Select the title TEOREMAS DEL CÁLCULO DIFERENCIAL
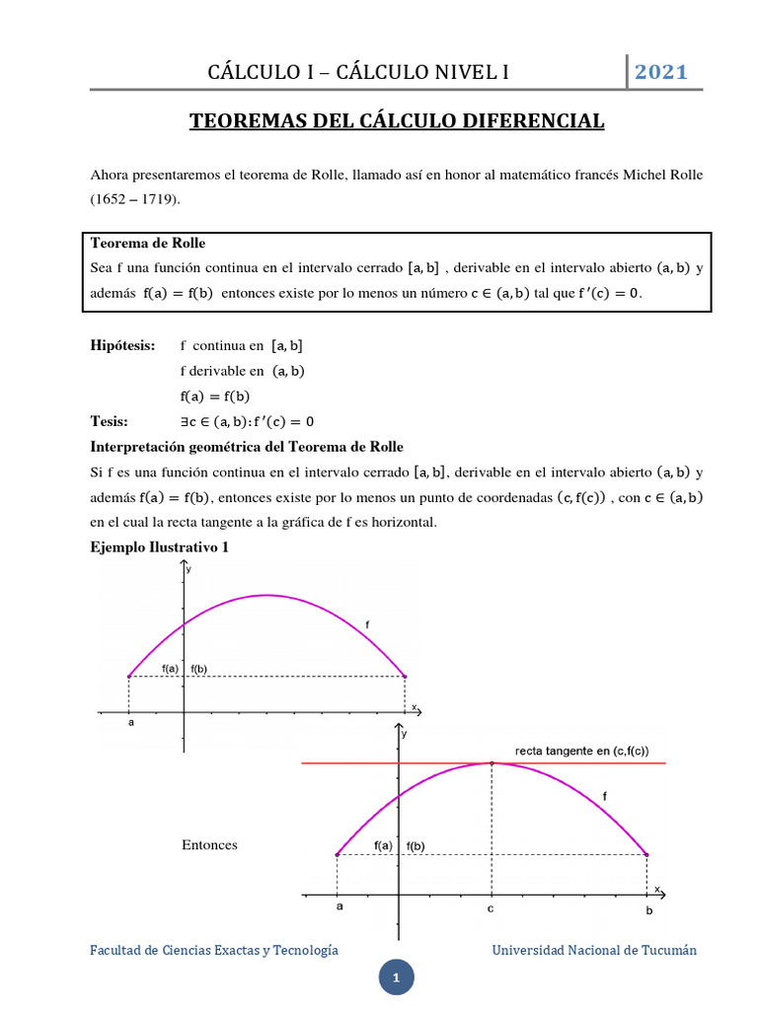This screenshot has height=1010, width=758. click(396, 121)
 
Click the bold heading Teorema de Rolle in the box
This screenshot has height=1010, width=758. click(148, 243)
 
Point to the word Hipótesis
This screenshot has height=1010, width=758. click(123, 345)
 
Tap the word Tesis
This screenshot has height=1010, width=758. click(110, 422)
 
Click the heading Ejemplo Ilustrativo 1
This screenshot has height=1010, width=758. click(160, 547)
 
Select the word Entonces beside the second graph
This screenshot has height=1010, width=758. click(209, 845)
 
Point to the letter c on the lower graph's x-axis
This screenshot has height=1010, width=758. click(491, 910)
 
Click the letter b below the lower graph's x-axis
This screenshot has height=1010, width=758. click(648, 911)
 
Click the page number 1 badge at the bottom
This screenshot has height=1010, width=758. click(395, 978)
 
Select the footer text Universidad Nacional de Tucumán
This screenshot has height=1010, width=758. click(594, 950)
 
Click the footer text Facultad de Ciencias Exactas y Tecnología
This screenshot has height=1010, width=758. click(214, 950)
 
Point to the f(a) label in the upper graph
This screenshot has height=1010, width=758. click(170, 668)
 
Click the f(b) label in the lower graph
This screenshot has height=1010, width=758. click(415, 845)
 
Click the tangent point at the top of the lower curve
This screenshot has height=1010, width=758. click(492, 762)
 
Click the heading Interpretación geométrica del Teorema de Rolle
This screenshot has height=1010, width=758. click(247, 447)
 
